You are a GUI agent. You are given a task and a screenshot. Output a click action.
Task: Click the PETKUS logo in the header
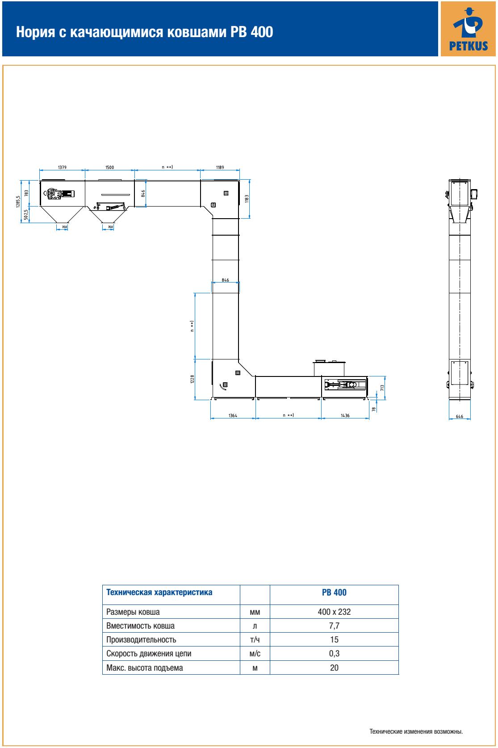tap(468, 29)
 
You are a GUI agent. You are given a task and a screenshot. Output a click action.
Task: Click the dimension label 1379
tap(62, 167)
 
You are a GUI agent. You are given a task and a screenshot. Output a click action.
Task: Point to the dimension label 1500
tap(109, 167)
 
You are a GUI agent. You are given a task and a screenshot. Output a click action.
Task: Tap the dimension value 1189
tap(220, 167)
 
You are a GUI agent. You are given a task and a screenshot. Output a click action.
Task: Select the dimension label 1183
tap(247, 199)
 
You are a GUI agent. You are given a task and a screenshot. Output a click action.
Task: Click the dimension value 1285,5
tap(18, 202)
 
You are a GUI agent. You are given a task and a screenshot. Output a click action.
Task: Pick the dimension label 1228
tap(192, 379)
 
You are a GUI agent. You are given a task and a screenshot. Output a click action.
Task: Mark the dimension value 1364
tap(233, 415)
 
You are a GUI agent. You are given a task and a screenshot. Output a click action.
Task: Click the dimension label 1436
tap(345, 415)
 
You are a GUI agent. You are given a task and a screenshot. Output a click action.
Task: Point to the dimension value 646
tap(459, 416)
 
